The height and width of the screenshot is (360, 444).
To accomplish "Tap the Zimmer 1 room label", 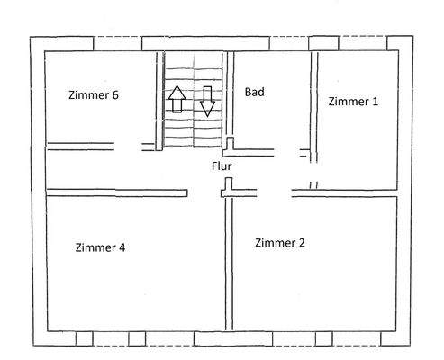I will click(353, 101).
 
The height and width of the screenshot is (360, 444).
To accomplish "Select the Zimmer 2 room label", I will click(281, 242).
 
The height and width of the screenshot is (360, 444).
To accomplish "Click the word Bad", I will click(254, 92).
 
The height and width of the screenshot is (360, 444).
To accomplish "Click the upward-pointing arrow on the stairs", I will click(177, 99).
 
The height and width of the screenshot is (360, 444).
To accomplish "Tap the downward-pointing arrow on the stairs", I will click(207, 101).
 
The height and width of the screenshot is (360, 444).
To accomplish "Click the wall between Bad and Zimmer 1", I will click(314, 99).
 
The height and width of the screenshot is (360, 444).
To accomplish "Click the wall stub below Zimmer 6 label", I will click(81, 143).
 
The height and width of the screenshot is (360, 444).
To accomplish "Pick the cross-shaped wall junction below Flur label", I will click(227, 188).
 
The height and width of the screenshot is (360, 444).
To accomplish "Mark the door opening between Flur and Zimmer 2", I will click(270, 191).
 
